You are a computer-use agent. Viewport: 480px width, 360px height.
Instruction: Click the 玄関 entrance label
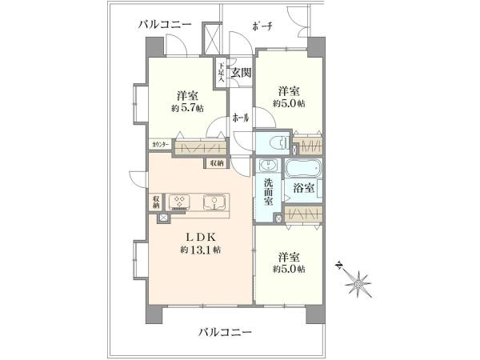241,73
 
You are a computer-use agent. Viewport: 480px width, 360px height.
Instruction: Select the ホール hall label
240,117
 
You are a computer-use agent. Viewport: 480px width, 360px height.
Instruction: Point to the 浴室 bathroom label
303,188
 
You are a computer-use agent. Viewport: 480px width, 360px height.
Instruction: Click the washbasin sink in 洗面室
268,166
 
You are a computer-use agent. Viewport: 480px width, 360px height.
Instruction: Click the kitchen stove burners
178,202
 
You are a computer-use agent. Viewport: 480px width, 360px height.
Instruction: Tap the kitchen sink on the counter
214,201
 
